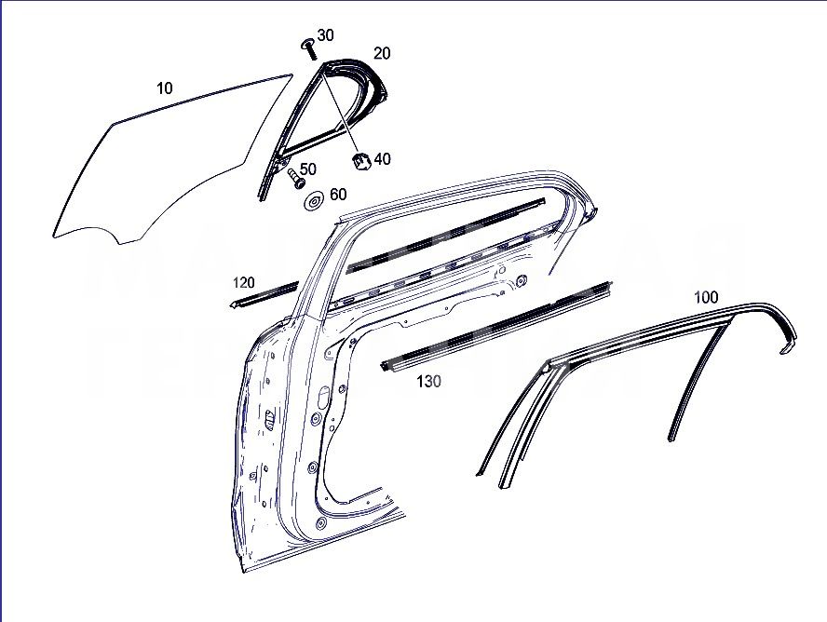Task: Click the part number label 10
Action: pyautogui.click(x=165, y=88)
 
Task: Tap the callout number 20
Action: pyautogui.click(x=382, y=53)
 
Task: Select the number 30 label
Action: pyautogui.click(x=325, y=35)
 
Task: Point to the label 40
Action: pyautogui.click(x=382, y=159)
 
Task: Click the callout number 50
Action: pyautogui.click(x=307, y=169)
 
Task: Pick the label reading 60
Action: pyautogui.click(x=337, y=195)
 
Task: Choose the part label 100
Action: pyautogui.click(x=706, y=297)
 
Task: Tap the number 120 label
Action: pyautogui.click(x=244, y=282)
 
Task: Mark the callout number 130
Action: pyautogui.click(x=428, y=381)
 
